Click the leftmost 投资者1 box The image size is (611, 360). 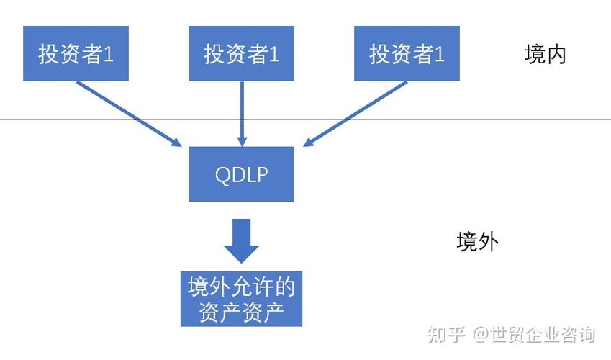76,53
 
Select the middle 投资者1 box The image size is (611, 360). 241,53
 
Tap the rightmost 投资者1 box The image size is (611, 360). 407,53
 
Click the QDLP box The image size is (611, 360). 241,174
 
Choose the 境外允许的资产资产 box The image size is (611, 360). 241,299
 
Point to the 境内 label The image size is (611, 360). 545,55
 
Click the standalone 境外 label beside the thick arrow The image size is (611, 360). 477,241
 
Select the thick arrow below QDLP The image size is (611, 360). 241,241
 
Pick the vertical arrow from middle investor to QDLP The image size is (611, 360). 241,112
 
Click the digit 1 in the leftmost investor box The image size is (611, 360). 108,55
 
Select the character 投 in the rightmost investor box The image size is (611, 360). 379,55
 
